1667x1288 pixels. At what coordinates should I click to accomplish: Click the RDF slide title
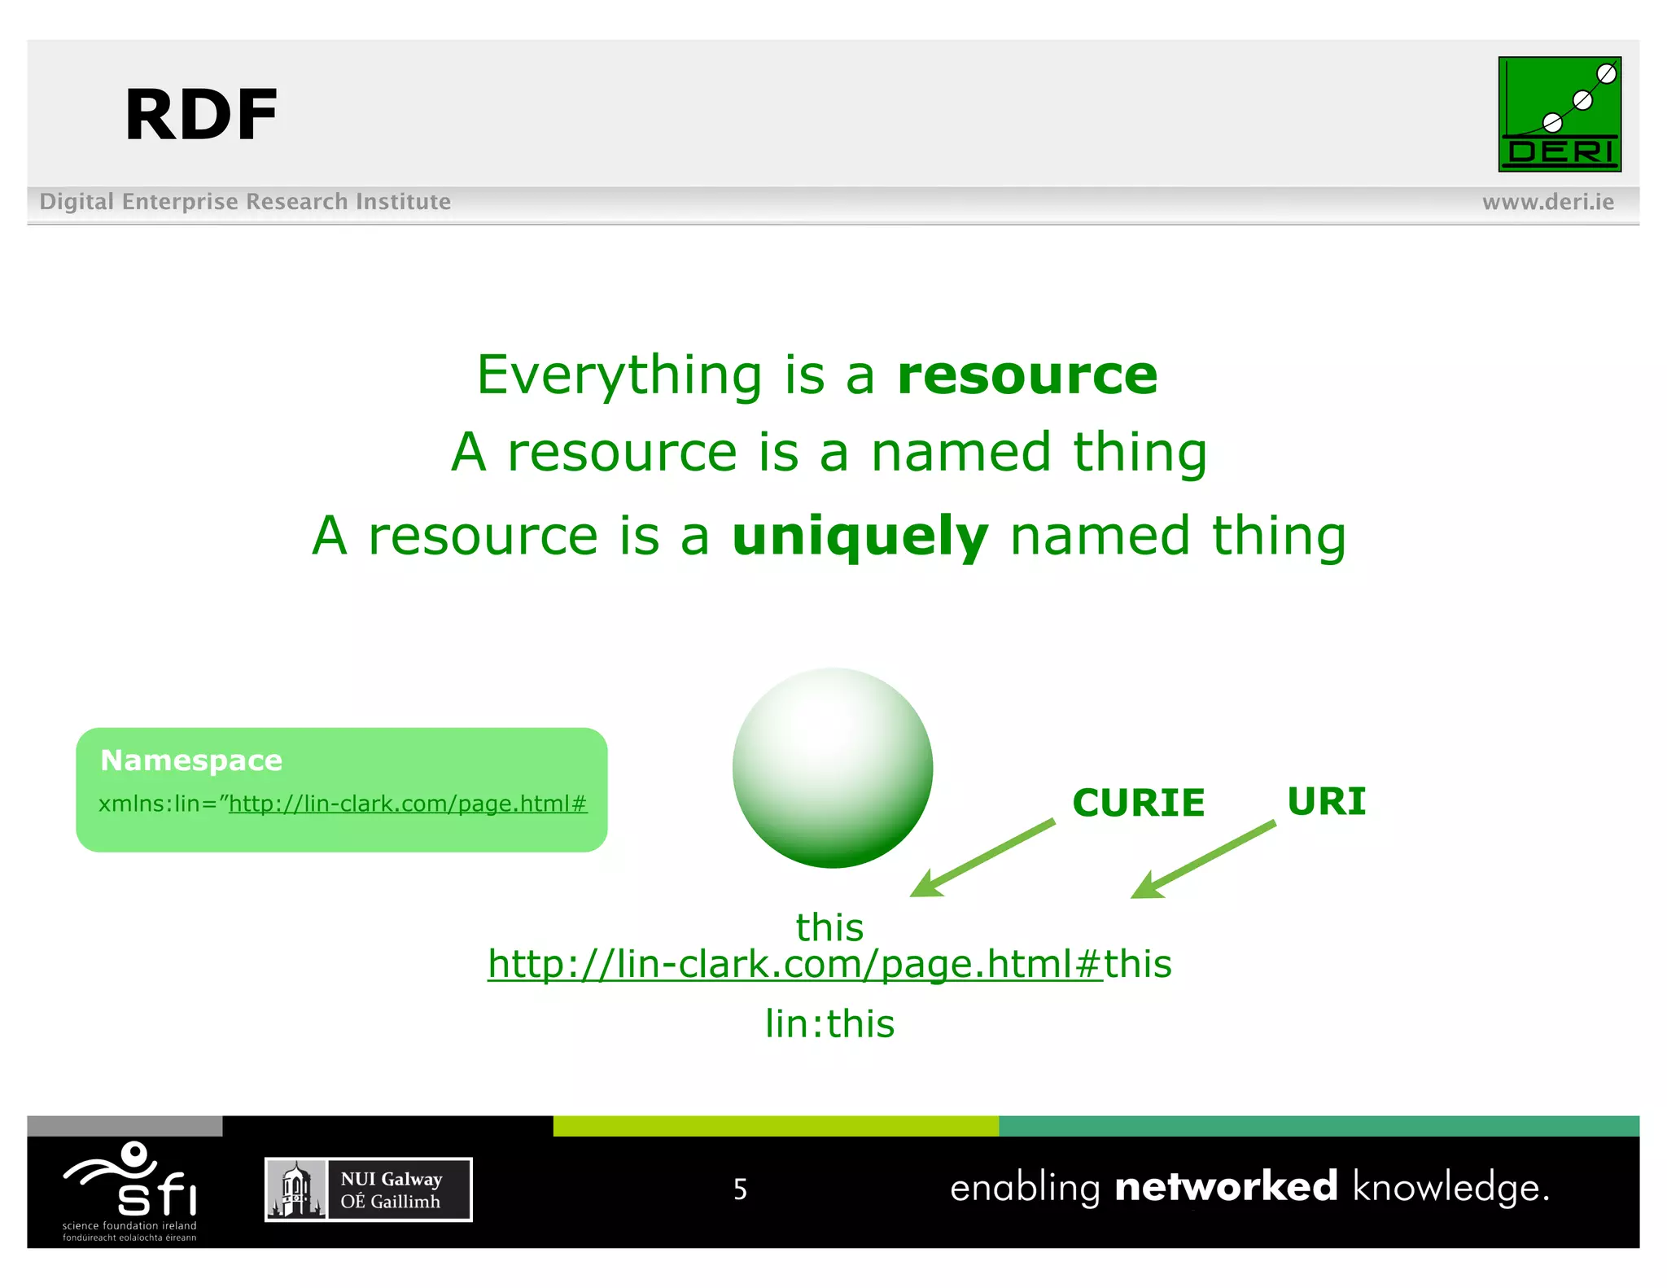(201, 116)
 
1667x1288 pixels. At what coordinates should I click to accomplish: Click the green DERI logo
(1559, 114)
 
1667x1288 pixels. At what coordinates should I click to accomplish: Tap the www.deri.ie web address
(1547, 202)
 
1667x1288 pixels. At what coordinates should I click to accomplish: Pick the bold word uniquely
(860, 537)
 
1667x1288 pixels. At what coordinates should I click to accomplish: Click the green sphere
(832, 767)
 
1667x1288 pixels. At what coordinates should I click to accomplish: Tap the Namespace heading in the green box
(191, 760)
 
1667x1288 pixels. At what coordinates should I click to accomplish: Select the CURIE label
(1138, 803)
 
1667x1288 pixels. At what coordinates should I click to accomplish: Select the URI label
(1326, 801)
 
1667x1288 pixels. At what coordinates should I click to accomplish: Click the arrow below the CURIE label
(982, 859)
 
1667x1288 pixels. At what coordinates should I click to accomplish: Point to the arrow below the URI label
(1202, 860)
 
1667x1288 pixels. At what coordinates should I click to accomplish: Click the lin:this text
(829, 1023)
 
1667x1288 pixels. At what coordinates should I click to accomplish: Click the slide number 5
(740, 1189)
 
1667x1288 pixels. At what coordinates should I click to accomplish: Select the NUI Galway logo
(368, 1189)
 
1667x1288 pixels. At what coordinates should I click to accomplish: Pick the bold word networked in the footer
(1225, 1186)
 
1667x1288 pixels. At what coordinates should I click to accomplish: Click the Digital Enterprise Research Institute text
(245, 201)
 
